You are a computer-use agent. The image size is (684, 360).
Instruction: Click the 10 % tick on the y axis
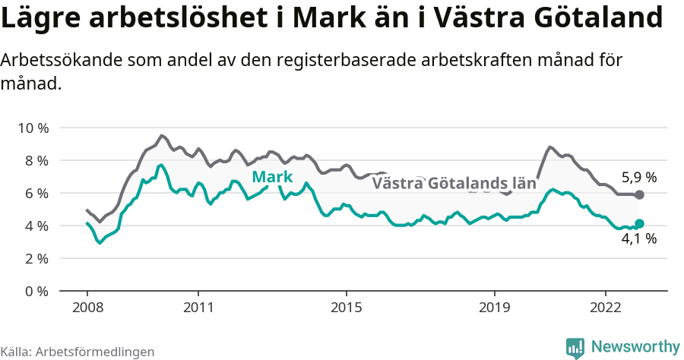pyautogui.click(x=32, y=128)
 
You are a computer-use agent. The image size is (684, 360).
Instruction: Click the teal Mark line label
pyautogui.click(x=272, y=178)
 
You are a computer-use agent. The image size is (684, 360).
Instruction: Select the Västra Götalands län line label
pyautogui.click(x=454, y=183)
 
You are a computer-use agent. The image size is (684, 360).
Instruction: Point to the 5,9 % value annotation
pyautogui.click(x=639, y=178)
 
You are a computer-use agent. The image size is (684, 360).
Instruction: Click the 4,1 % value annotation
pyautogui.click(x=639, y=238)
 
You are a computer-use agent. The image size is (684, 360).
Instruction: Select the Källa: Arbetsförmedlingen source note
pyautogui.click(x=78, y=352)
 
